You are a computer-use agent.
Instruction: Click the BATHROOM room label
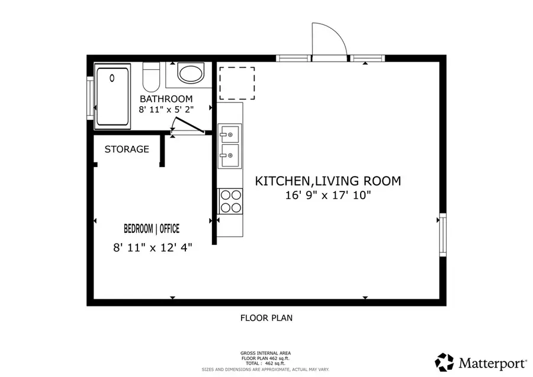[x=166, y=98]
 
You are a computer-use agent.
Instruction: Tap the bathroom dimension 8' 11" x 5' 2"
[x=166, y=110]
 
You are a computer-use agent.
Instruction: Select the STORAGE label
[x=127, y=149]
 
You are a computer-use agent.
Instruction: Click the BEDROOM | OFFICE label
[x=152, y=229]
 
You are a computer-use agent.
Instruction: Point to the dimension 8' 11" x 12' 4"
[x=153, y=248]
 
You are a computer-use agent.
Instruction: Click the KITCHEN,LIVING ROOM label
[x=327, y=181]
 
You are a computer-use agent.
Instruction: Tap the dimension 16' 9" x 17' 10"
[x=327, y=195]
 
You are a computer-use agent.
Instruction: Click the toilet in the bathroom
[x=152, y=76]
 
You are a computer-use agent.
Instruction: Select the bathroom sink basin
[x=191, y=74]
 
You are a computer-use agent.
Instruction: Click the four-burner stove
[x=230, y=200]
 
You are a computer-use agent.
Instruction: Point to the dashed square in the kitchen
[x=237, y=83]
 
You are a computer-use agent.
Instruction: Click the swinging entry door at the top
[x=329, y=43]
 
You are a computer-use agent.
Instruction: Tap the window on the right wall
[x=441, y=235]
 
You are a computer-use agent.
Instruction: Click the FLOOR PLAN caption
[x=266, y=318]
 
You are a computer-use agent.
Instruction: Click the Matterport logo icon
[x=445, y=361]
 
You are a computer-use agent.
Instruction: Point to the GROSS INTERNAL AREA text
[x=266, y=353]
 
